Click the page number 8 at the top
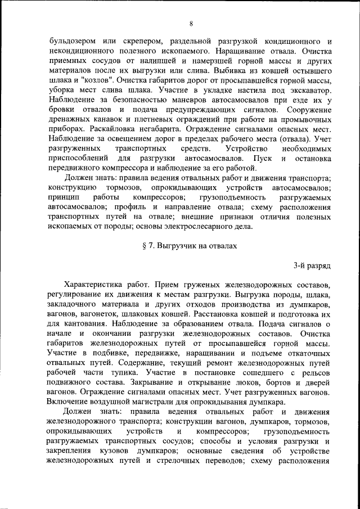click(191, 23)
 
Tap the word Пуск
click(263, 159)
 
